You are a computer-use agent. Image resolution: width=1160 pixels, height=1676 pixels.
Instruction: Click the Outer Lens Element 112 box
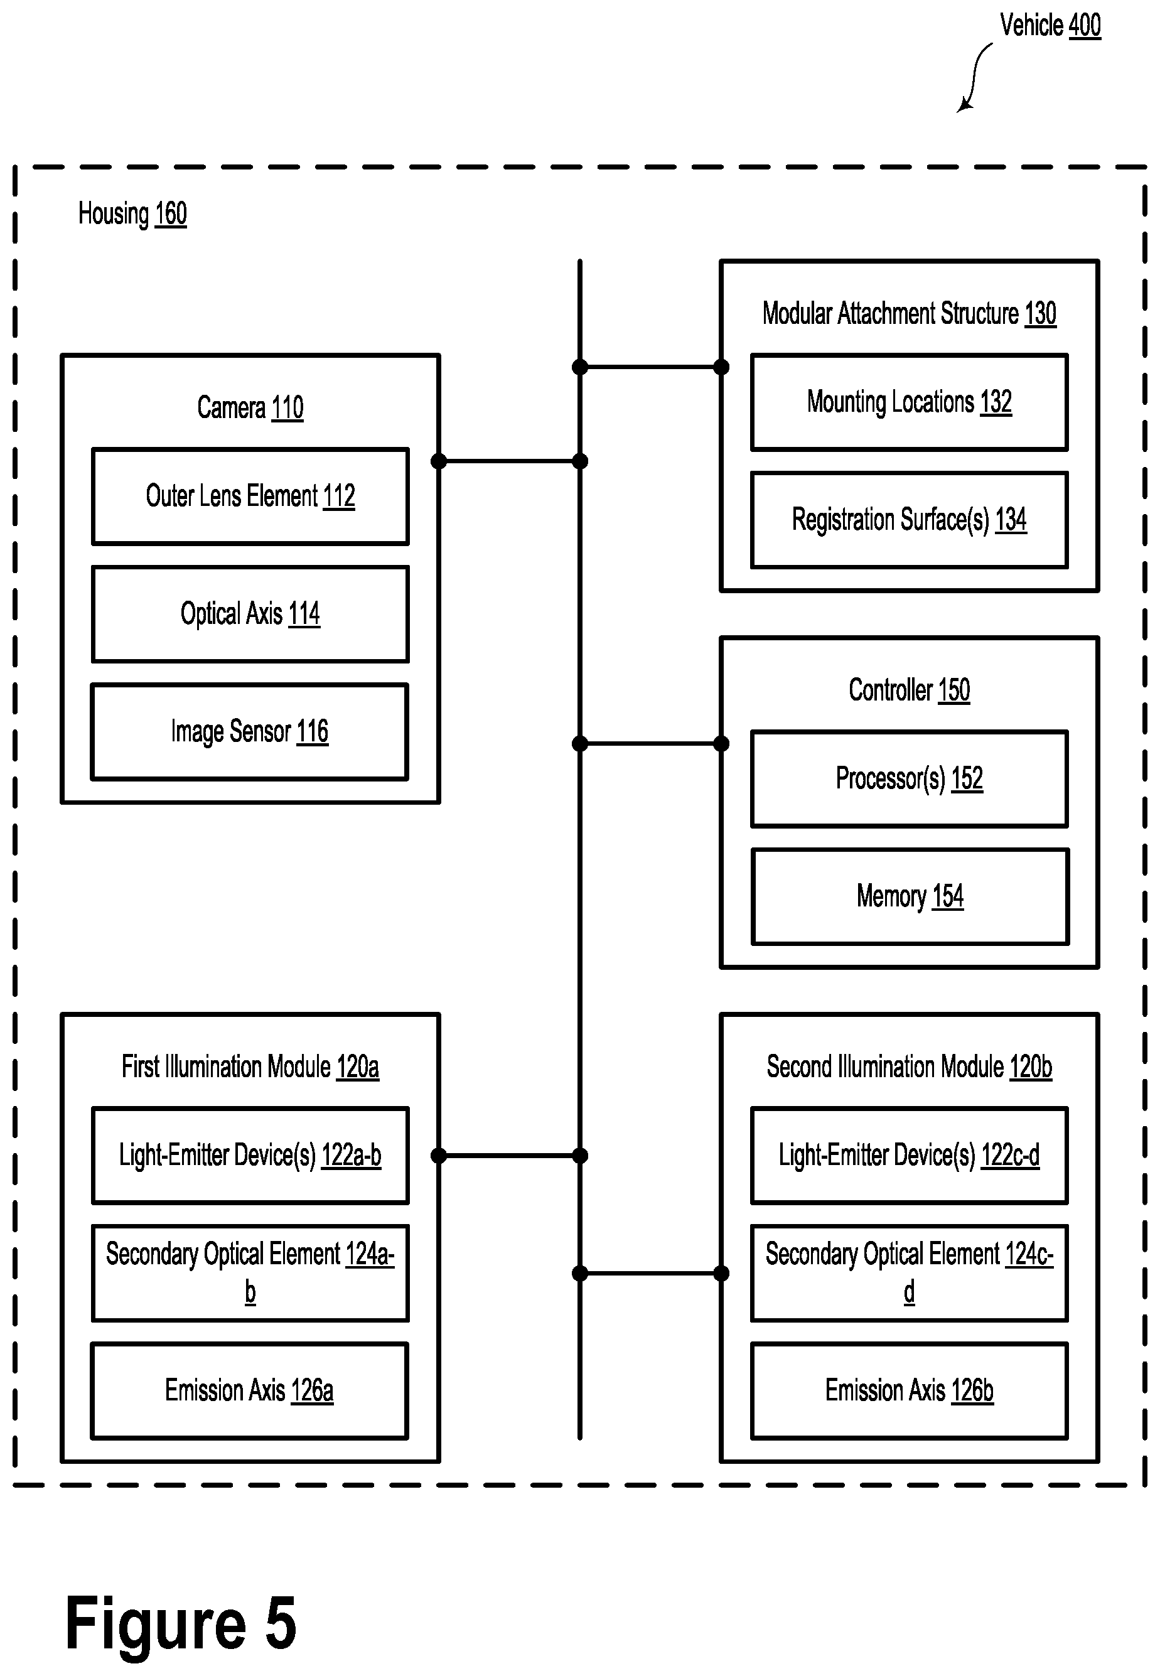click(250, 497)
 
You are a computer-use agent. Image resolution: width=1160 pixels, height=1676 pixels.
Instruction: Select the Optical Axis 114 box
click(250, 614)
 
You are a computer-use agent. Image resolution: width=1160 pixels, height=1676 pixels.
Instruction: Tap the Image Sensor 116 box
click(249, 732)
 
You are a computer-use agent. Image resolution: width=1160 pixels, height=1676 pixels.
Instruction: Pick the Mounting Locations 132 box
click(910, 402)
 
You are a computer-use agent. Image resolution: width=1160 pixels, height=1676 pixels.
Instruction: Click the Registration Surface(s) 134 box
click(910, 520)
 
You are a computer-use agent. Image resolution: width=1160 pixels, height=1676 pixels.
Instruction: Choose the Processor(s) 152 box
click(910, 779)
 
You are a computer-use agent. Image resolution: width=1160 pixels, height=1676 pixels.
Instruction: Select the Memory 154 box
click(910, 897)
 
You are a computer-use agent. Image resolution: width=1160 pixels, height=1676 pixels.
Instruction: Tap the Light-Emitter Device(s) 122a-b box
click(250, 1156)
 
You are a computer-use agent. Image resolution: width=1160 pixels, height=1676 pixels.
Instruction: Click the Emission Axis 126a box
click(249, 1391)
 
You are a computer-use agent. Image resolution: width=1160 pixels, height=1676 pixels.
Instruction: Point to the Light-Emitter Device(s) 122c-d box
click(910, 1156)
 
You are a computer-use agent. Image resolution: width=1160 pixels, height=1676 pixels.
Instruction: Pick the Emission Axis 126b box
click(910, 1391)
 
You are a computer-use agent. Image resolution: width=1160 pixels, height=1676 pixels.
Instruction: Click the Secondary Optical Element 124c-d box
click(910, 1274)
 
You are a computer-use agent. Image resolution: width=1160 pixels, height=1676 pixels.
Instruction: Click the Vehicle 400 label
click(1050, 26)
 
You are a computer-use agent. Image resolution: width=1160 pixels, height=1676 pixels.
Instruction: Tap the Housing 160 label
click(132, 215)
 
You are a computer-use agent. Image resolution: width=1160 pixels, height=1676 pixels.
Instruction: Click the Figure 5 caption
click(181, 1625)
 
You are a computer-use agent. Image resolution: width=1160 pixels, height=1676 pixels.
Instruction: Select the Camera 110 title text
click(250, 408)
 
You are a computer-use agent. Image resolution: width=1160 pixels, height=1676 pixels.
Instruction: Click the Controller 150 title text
click(910, 690)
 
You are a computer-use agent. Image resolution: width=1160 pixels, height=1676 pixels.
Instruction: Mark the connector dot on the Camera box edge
click(438, 461)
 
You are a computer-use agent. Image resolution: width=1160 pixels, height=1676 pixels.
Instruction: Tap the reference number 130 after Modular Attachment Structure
click(1040, 314)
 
